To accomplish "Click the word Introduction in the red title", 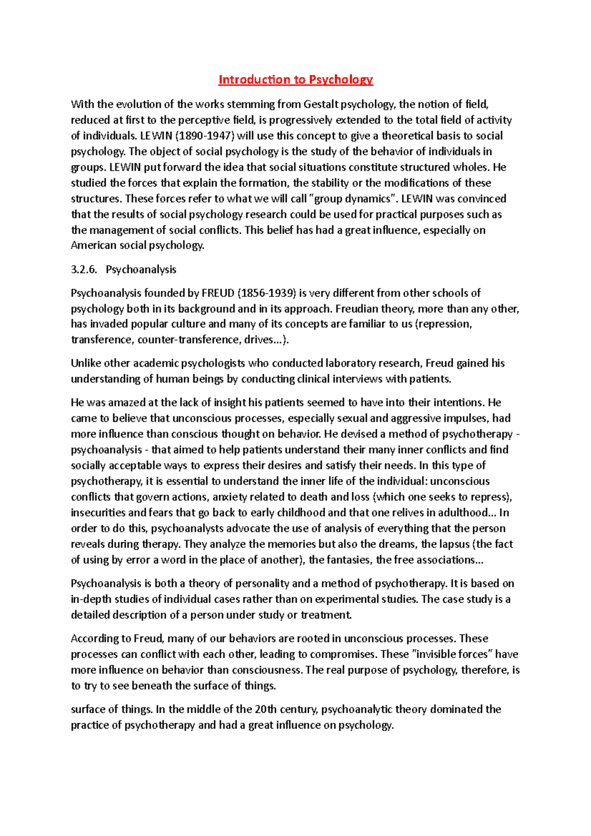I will point(254,79).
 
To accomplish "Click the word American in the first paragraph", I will point(94,246).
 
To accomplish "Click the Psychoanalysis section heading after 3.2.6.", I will point(141,269).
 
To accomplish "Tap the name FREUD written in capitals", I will point(218,293).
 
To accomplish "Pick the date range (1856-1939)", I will point(267,293).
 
